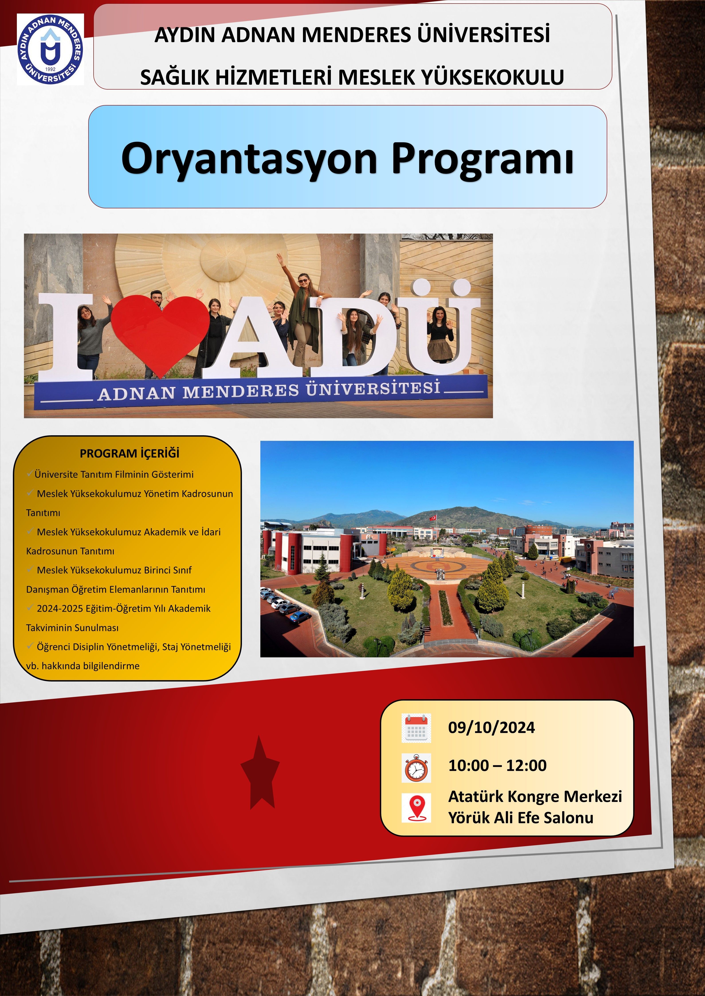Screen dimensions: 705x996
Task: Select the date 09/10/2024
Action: coord(491,727)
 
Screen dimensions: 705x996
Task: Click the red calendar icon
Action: coord(416,727)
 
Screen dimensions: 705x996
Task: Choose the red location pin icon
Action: coord(416,808)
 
